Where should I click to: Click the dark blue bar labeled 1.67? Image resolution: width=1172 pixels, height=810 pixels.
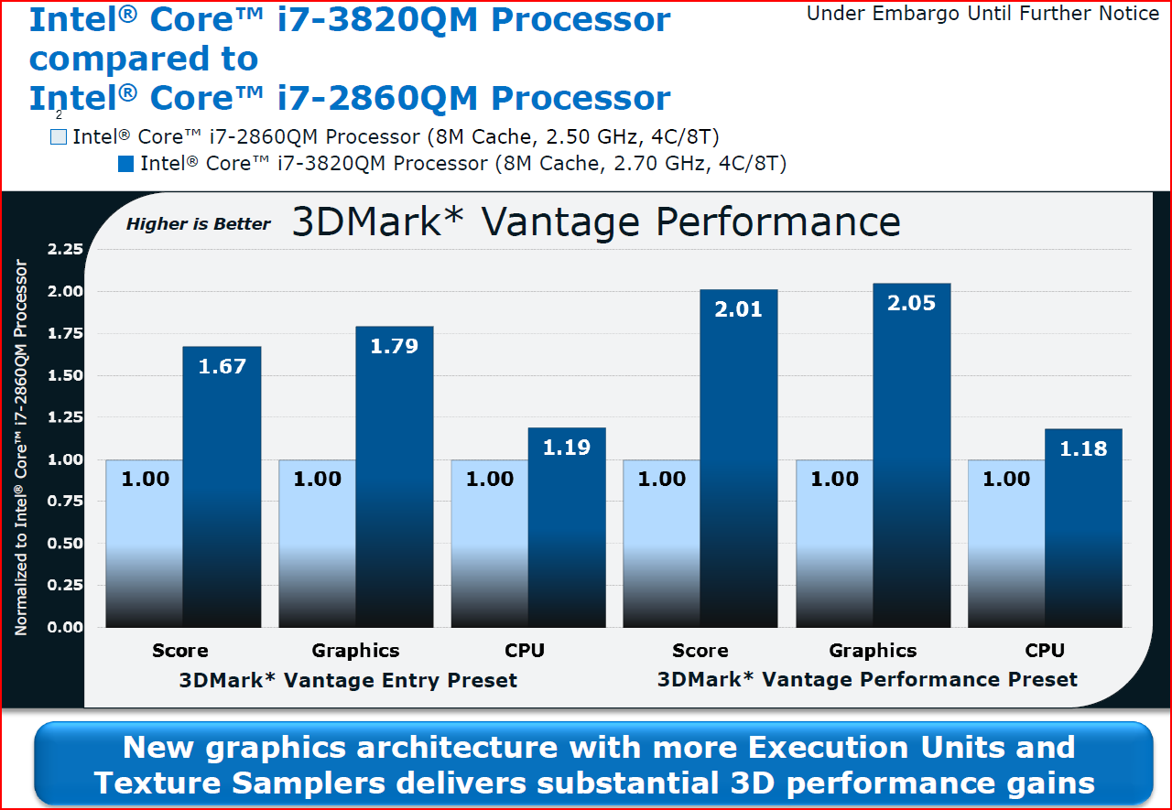(x=222, y=485)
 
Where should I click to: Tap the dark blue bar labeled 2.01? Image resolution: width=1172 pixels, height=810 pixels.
(x=738, y=458)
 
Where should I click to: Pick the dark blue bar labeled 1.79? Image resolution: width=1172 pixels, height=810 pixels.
(x=394, y=476)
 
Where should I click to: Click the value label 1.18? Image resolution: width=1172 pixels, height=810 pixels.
(x=1083, y=448)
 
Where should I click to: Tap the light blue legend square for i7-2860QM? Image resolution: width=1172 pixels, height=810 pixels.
(x=59, y=138)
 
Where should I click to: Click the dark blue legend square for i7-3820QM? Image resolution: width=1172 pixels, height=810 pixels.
(x=126, y=165)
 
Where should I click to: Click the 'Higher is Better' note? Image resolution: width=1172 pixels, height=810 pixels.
(x=199, y=224)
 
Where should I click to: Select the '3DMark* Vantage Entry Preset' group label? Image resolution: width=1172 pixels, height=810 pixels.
(x=348, y=680)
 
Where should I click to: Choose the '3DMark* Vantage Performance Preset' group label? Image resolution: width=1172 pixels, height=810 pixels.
(x=867, y=679)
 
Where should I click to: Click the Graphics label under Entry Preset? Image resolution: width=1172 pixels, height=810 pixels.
(x=355, y=651)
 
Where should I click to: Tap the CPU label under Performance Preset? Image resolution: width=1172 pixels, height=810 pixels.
(x=1045, y=651)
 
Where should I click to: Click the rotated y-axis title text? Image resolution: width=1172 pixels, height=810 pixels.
(x=21, y=448)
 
